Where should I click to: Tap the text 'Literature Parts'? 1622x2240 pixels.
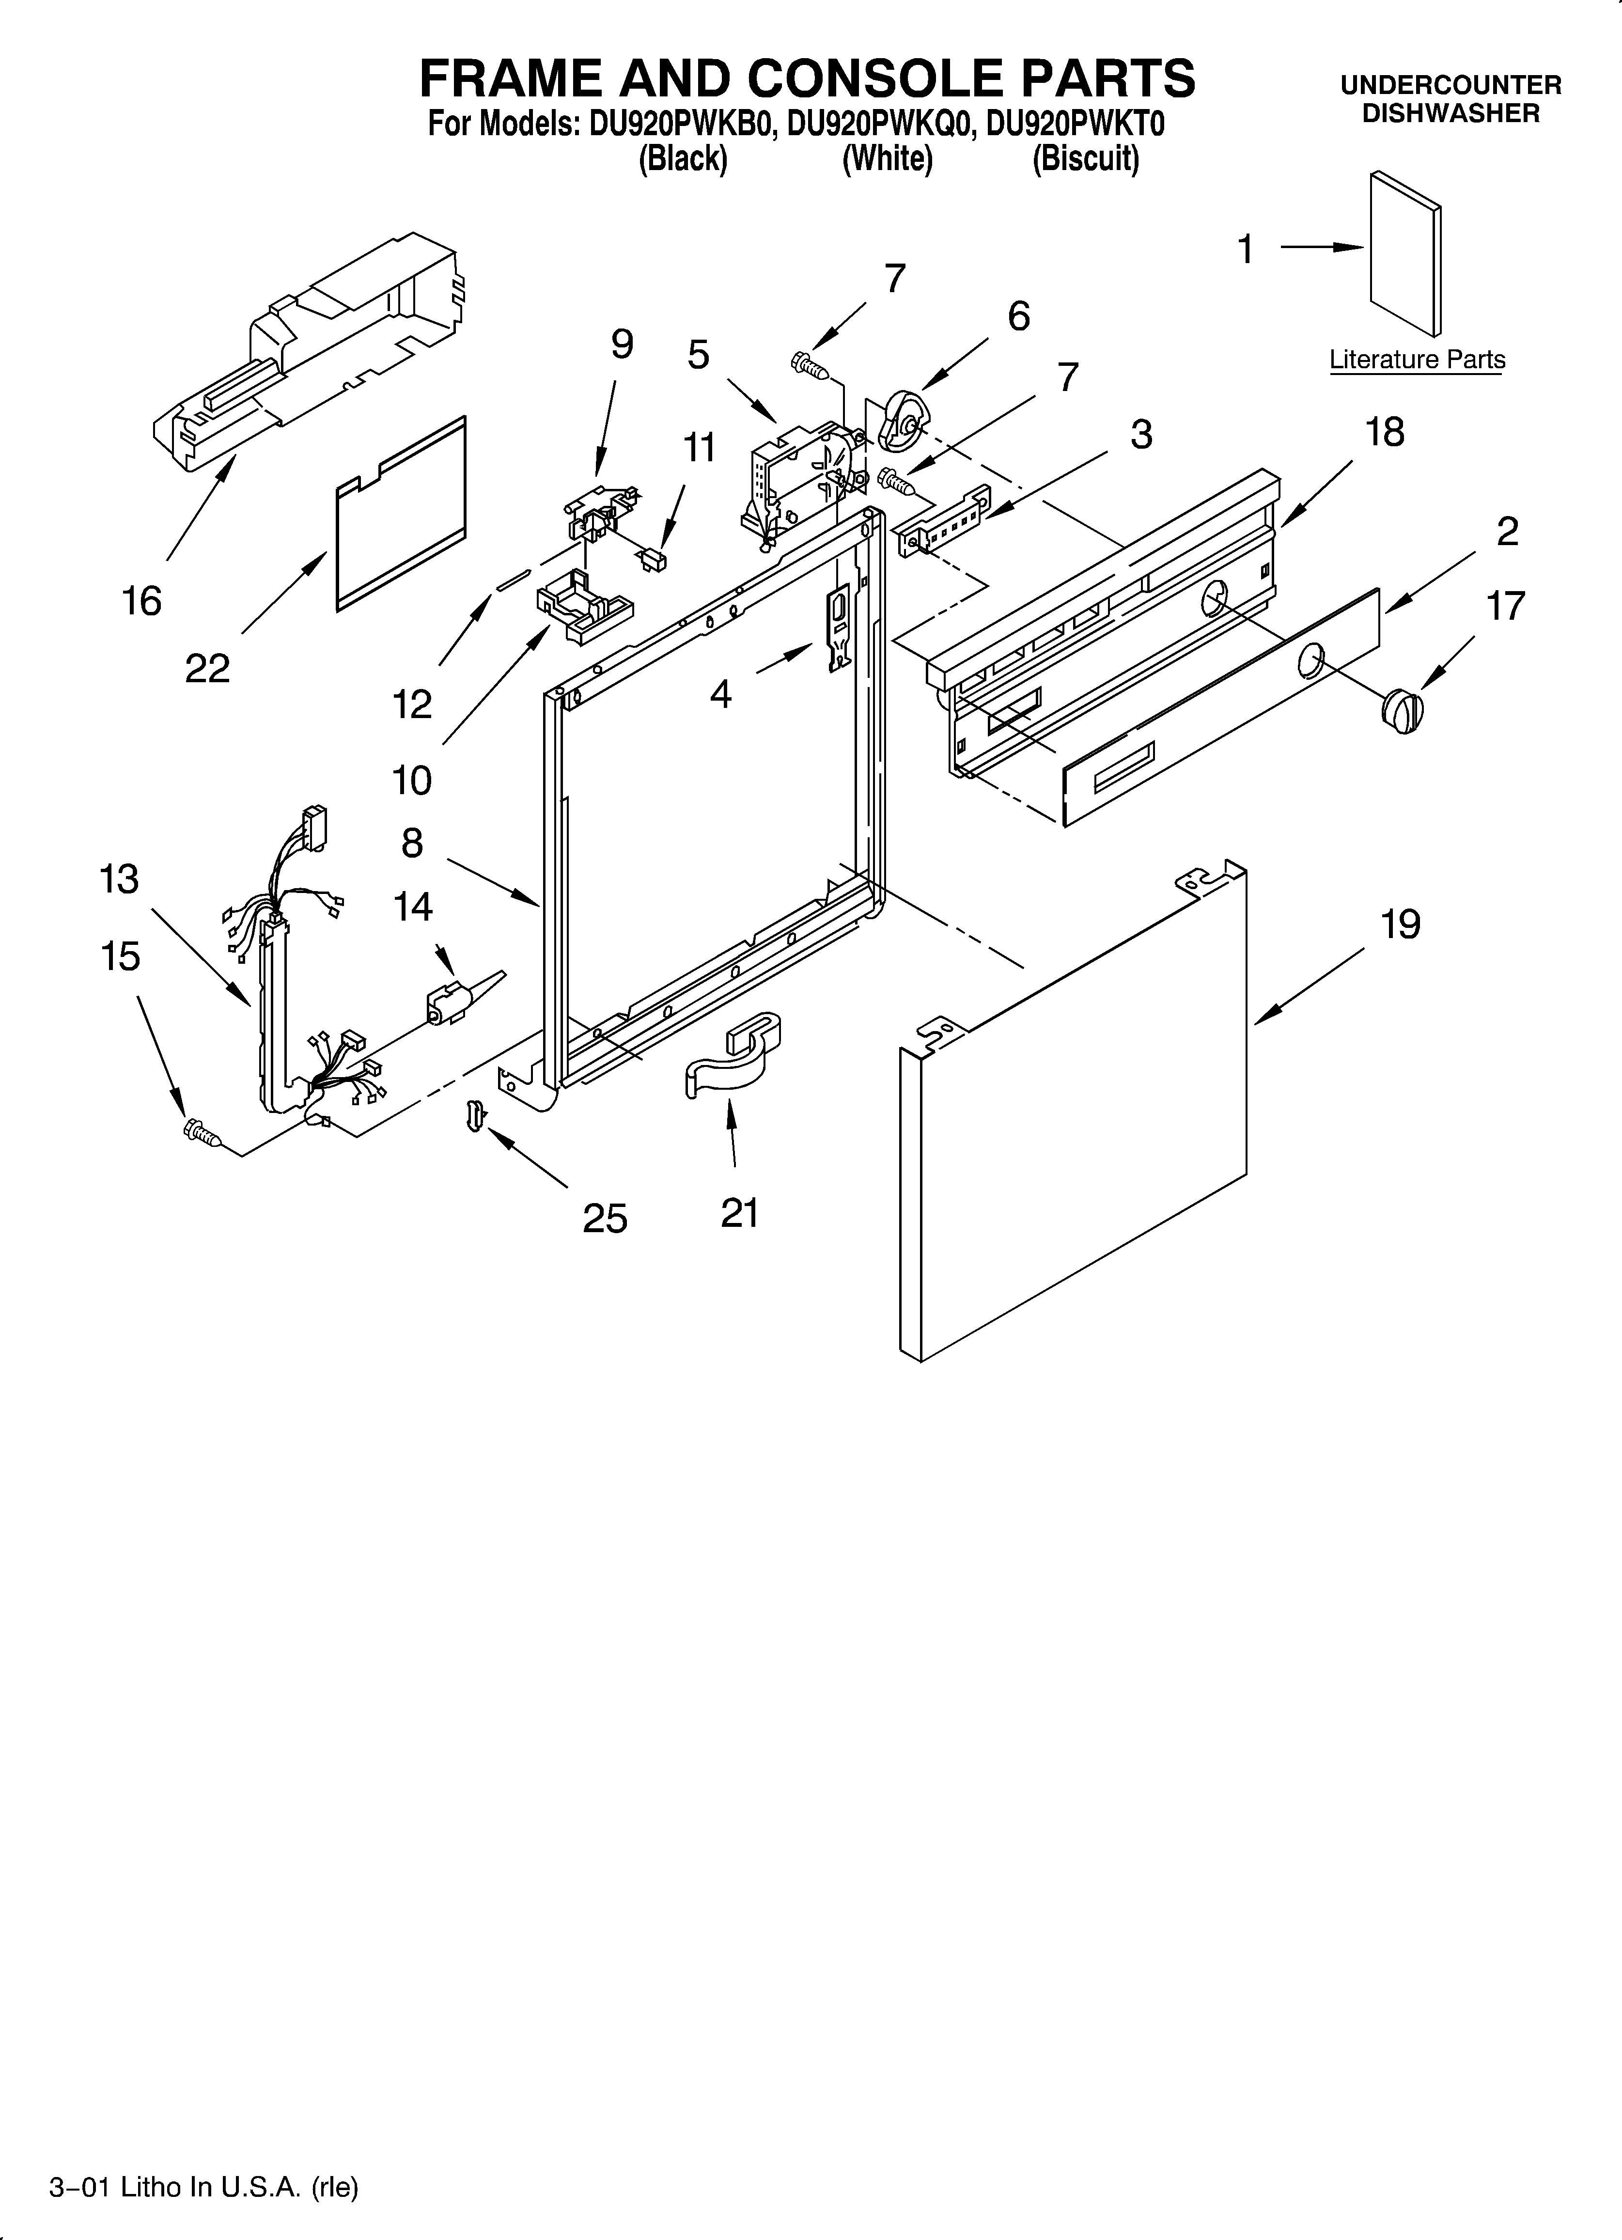click(x=1417, y=360)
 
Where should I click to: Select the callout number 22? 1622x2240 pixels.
click(x=207, y=669)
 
